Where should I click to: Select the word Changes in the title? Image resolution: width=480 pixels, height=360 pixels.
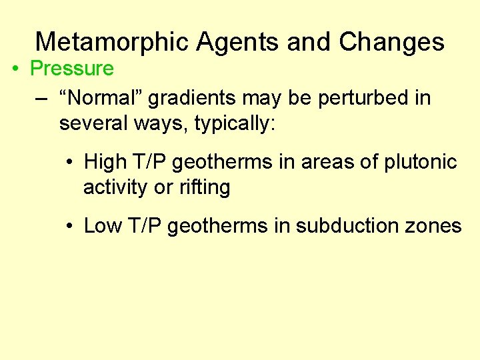(391, 42)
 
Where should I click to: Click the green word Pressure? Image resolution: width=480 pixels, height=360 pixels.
(72, 69)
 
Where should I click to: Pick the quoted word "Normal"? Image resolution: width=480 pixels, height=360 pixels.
(100, 98)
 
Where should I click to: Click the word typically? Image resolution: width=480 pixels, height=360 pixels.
(234, 124)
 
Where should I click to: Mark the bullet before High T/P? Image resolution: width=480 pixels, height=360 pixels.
(69, 162)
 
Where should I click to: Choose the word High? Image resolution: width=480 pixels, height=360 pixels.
(105, 162)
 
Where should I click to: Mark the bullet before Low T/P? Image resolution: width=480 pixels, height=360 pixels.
(69, 226)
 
